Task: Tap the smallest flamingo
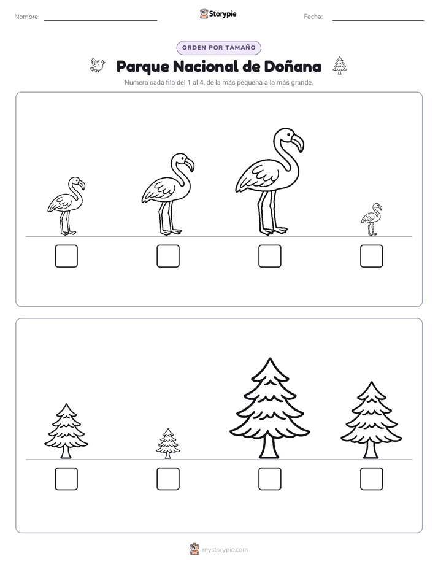pyautogui.click(x=372, y=220)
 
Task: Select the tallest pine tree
pyautogui.click(x=269, y=409)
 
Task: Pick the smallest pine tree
pyautogui.click(x=168, y=444)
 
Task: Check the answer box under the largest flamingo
pyautogui.click(x=269, y=256)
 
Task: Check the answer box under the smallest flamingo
pyautogui.click(x=372, y=256)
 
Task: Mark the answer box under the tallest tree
pyautogui.click(x=269, y=479)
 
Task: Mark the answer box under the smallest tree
pyautogui.click(x=168, y=479)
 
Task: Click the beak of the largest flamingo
pyautogui.click(x=298, y=143)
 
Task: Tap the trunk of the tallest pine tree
pyautogui.click(x=269, y=447)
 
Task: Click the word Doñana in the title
pyautogui.click(x=293, y=66)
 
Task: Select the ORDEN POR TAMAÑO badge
pyautogui.click(x=218, y=48)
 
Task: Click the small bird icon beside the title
pyautogui.click(x=98, y=65)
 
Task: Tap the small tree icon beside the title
pyautogui.click(x=340, y=66)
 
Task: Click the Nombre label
pyautogui.click(x=27, y=17)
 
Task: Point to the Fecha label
pyautogui.click(x=313, y=17)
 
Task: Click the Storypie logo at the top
pyautogui.click(x=218, y=13)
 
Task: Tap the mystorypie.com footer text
pyautogui.click(x=225, y=550)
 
